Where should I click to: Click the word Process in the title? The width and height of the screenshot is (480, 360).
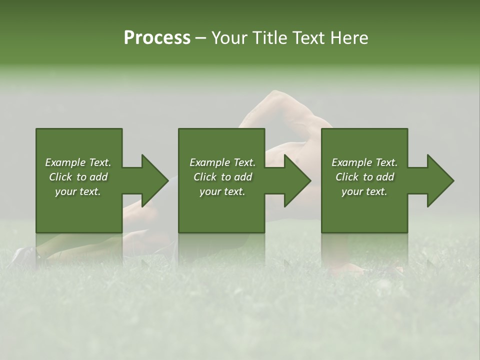click(157, 38)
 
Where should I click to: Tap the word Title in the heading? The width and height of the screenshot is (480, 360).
click(269, 38)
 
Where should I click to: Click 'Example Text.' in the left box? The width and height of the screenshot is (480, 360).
click(78, 162)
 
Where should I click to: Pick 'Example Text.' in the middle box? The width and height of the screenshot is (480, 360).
click(222, 162)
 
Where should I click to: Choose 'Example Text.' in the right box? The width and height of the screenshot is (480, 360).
click(364, 162)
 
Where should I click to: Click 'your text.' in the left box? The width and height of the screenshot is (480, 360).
click(78, 191)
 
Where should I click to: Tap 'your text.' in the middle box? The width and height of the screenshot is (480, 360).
click(222, 191)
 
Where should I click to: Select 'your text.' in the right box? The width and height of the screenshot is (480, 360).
click(364, 191)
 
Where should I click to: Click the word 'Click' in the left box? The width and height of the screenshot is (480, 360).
click(60, 177)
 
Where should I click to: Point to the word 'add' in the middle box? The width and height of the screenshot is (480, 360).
click(243, 177)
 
